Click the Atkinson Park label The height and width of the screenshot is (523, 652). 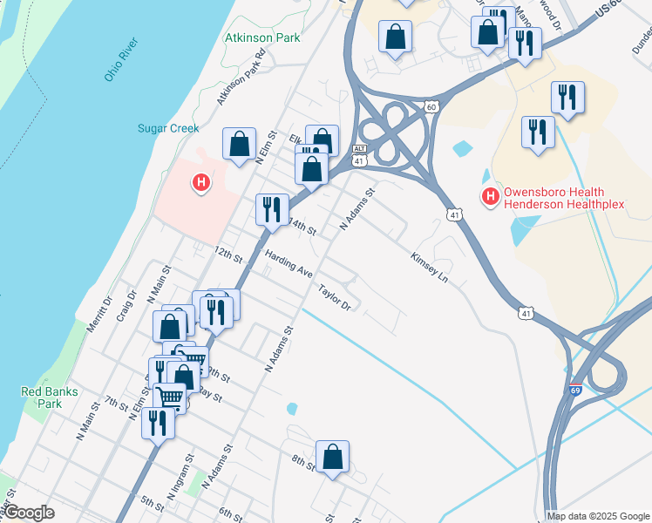click(x=262, y=37)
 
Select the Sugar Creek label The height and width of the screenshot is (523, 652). click(x=168, y=128)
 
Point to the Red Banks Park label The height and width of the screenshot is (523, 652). click(x=42, y=397)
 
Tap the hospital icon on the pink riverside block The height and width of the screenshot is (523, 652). click(x=201, y=182)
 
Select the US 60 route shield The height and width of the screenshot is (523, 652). click(x=431, y=106)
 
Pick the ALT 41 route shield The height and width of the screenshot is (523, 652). click(x=359, y=154)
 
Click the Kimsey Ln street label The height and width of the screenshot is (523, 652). click(x=429, y=267)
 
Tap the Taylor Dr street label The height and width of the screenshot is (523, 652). click(x=335, y=298)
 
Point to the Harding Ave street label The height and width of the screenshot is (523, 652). click(x=289, y=261)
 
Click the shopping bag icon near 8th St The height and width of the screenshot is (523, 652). click(x=332, y=457)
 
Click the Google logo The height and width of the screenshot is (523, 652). click(x=29, y=513)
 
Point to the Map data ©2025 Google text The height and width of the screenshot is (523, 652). click(x=598, y=516)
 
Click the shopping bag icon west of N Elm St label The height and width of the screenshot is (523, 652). click(x=239, y=145)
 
